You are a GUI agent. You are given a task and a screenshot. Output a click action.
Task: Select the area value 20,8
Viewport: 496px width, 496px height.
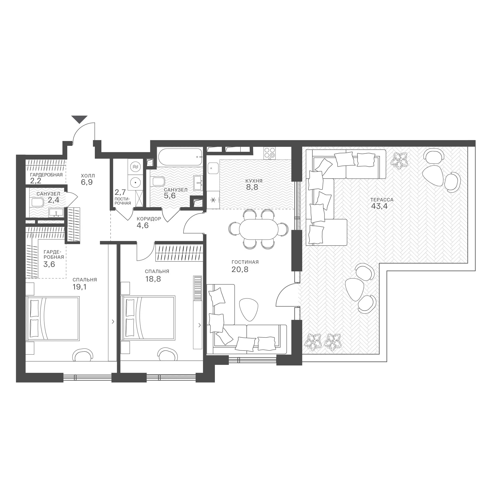[x=240, y=269]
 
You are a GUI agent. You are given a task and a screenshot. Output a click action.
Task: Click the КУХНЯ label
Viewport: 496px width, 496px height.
[x=254, y=181]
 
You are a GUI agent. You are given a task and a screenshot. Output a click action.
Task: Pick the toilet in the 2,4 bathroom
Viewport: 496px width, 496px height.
[x=37, y=202]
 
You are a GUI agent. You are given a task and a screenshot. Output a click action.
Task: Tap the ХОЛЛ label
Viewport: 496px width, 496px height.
[x=88, y=176]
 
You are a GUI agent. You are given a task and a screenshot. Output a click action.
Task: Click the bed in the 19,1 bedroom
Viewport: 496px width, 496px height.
[x=53, y=319]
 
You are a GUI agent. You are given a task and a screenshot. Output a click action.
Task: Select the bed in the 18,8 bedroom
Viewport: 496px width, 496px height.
[x=148, y=318]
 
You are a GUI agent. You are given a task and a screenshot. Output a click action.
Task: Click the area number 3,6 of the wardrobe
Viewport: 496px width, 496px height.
[x=49, y=264]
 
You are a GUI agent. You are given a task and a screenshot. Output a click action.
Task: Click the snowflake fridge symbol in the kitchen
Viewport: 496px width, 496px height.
[x=213, y=200]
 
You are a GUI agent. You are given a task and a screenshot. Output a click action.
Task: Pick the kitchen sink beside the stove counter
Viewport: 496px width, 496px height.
[x=213, y=169]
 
